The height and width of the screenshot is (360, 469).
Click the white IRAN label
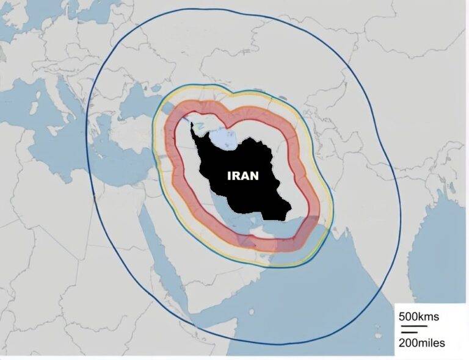click(243, 175)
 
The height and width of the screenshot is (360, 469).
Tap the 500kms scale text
click(418, 317)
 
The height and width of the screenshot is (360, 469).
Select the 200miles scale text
click(421, 343)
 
